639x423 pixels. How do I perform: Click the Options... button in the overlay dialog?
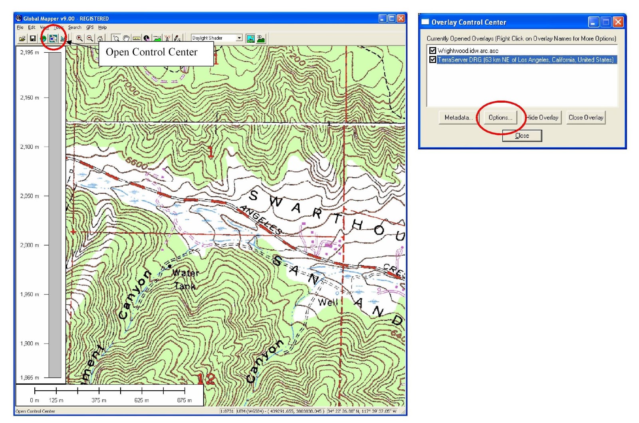click(500, 117)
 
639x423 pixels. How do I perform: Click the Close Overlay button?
click(585, 117)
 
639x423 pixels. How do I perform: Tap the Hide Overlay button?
click(542, 117)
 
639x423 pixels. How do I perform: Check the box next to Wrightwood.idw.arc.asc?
click(433, 51)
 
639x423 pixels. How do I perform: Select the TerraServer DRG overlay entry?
click(525, 60)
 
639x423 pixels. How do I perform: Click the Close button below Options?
click(522, 136)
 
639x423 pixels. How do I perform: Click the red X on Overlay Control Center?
click(618, 22)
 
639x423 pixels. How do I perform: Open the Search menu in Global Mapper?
click(75, 28)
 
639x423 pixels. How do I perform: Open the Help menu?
click(103, 28)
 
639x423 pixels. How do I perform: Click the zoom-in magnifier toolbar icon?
click(79, 38)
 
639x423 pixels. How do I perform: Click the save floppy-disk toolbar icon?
click(33, 38)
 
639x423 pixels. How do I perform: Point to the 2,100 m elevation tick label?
click(30, 147)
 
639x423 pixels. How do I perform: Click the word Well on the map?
click(328, 302)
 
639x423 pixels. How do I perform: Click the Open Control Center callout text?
click(151, 52)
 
